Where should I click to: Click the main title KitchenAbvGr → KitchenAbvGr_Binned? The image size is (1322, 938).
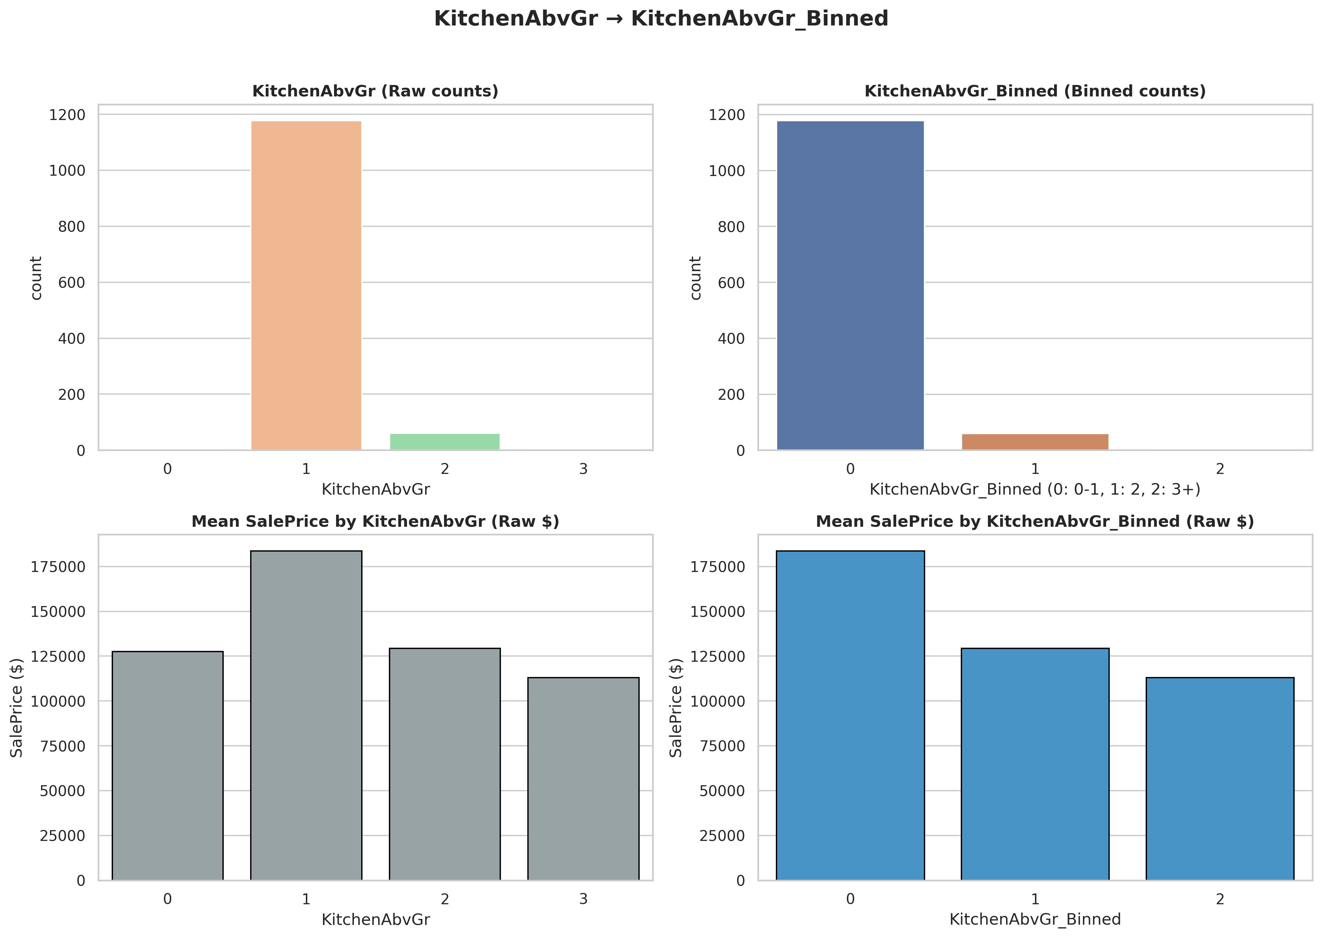[x=661, y=19]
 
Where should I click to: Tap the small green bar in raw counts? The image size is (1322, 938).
[x=445, y=442]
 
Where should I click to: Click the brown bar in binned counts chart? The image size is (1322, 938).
[x=1035, y=442]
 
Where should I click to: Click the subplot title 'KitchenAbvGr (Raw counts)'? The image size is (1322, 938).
[x=376, y=91]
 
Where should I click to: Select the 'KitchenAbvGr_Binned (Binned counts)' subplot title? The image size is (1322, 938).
[x=1035, y=91]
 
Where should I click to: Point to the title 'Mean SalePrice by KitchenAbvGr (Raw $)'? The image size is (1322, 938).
[x=376, y=522]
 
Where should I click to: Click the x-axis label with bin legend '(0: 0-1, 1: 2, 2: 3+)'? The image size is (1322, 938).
[x=1035, y=490]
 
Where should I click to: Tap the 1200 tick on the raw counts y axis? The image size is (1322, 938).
[x=67, y=115]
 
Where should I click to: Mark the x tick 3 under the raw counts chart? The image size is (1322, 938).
[x=583, y=469]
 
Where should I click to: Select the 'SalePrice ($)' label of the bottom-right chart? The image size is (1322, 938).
[x=676, y=708]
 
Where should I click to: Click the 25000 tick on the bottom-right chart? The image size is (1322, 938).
[x=722, y=836]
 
